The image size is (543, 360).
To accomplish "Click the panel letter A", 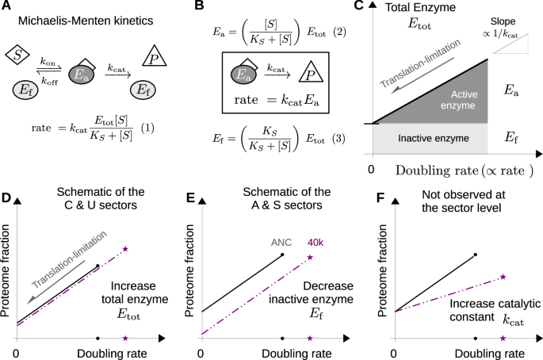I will [x=6, y=7].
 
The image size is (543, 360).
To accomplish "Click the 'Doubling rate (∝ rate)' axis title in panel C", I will [x=453, y=171].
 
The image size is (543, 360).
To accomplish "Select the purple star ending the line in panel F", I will [x=504, y=277].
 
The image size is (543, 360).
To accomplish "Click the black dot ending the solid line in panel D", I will [x=97, y=266].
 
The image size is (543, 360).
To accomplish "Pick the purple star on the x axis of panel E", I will [x=310, y=339].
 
